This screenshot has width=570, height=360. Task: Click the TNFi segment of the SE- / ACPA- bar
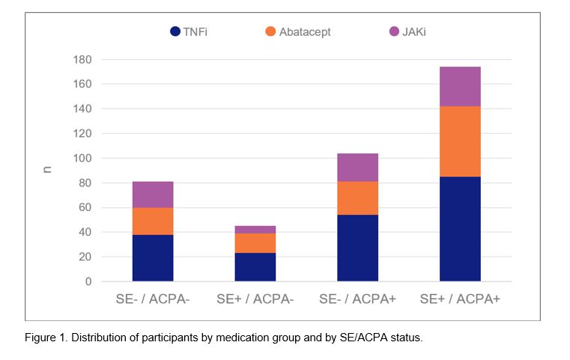click(153, 258)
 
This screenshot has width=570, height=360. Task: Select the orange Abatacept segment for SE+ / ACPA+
click(460, 141)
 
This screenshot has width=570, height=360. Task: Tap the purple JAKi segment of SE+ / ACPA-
click(255, 230)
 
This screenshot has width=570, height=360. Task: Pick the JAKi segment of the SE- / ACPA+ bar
click(357, 168)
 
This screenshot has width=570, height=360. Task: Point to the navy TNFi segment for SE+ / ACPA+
click(460, 229)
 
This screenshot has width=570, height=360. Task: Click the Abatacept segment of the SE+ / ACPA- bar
click(255, 243)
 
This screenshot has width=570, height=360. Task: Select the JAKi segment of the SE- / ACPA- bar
click(153, 195)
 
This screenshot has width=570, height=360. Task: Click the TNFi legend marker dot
click(175, 31)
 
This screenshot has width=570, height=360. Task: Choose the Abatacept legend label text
click(305, 31)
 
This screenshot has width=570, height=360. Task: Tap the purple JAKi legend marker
click(395, 31)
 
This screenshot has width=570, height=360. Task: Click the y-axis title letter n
click(48, 171)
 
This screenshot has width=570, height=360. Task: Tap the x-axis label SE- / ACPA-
click(153, 299)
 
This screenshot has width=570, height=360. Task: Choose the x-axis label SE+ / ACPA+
click(460, 299)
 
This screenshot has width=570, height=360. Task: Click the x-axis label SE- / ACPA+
click(357, 299)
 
